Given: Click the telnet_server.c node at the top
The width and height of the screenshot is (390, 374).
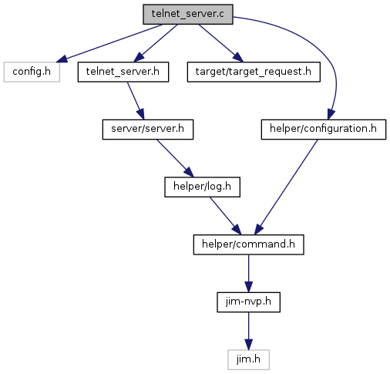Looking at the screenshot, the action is coord(188,15).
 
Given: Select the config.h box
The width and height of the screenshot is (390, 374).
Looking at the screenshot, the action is coord(32,72).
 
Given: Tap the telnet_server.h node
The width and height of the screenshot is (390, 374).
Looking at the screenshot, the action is coord(123,72).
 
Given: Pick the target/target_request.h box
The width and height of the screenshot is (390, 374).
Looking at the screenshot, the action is coord(254,72).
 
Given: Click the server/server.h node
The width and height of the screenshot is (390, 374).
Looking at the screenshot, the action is coord(148,130).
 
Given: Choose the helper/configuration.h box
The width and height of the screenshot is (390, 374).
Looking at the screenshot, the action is coord(324,130).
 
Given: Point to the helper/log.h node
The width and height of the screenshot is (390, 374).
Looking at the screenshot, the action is coord(202,187).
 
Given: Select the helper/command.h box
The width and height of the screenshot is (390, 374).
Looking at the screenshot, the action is coord(248,244).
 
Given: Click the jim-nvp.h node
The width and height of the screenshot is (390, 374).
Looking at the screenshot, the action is coord(248,302).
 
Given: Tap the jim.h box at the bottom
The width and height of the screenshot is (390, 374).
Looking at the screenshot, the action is coord(248,360).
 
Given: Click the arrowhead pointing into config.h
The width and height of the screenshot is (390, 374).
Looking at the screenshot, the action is coord(62,59).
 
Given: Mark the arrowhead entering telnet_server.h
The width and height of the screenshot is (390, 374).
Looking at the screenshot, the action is coord(138,57).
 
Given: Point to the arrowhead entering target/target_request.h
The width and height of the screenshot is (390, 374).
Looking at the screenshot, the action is coord(238,57).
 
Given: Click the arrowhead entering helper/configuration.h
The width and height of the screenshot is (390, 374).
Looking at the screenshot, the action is coord(331,114).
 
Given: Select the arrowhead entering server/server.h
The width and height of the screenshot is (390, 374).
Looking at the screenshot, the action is coord(141,114).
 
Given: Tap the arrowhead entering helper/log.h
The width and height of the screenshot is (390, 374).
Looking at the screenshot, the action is coord(189,172).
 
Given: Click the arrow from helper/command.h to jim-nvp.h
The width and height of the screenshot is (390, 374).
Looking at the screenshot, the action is coord(248,274).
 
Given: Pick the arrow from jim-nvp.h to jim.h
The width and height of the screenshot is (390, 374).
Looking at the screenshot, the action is coord(248,331).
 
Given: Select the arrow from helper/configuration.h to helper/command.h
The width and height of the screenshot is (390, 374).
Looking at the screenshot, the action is coord(286,187).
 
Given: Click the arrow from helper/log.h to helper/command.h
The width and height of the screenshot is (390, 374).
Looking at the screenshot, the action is coord(226,216).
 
